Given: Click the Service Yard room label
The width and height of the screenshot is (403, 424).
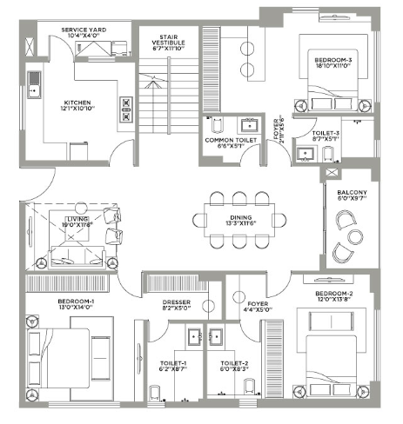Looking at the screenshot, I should pos(84,30).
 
